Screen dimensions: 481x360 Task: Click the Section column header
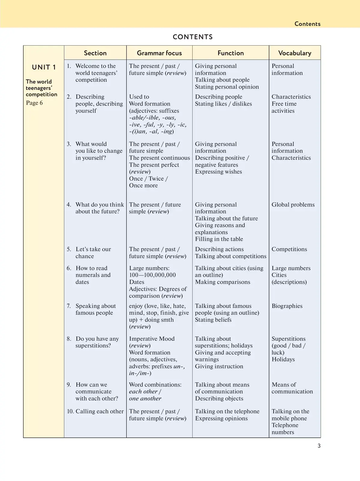click(x=95, y=53)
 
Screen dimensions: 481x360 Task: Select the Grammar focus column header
click(x=159, y=53)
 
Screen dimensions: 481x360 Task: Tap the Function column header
click(x=230, y=53)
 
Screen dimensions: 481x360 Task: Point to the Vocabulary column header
click(x=295, y=53)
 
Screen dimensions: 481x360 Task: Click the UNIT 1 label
click(x=44, y=67)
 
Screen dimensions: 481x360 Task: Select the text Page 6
click(x=34, y=103)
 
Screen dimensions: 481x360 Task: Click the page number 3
click(x=319, y=446)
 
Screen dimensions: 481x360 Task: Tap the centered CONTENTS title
click(x=193, y=37)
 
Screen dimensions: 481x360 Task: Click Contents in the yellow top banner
click(x=307, y=24)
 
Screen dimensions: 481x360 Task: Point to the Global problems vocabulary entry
click(x=293, y=205)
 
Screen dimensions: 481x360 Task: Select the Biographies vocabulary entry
click(x=287, y=306)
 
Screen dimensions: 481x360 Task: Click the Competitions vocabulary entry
click(x=289, y=249)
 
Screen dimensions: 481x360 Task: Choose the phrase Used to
click(x=139, y=97)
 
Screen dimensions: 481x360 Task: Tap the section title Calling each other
click(x=99, y=411)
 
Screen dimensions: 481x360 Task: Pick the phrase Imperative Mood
click(x=151, y=339)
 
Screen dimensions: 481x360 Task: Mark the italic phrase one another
click(x=145, y=399)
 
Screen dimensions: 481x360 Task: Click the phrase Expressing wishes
click(x=218, y=172)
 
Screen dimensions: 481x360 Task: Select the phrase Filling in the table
click(x=219, y=239)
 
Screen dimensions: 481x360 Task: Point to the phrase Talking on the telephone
click(x=227, y=411)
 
